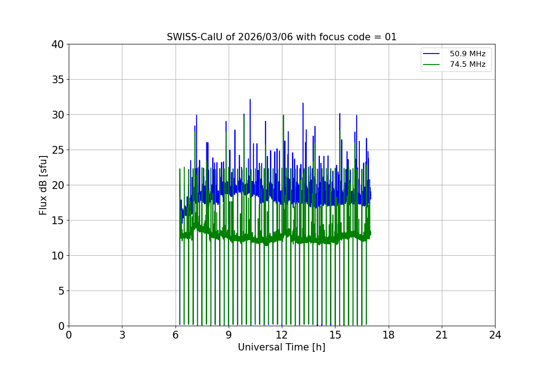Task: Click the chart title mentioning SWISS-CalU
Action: click(x=281, y=37)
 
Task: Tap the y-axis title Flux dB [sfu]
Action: click(x=43, y=185)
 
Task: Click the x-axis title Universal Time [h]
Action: click(x=281, y=347)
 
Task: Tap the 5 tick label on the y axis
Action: click(x=60, y=291)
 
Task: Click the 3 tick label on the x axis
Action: click(x=122, y=335)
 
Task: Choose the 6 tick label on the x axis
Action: click(x=175, y=335)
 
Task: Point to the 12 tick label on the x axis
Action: click(x=282, y=335)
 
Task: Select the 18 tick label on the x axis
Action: click(x=389, y=335)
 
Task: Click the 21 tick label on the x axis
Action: click(x=442, y=335)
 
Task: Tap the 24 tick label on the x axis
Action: click(x=495, y=335)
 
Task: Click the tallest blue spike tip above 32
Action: click(x=250, y=99)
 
